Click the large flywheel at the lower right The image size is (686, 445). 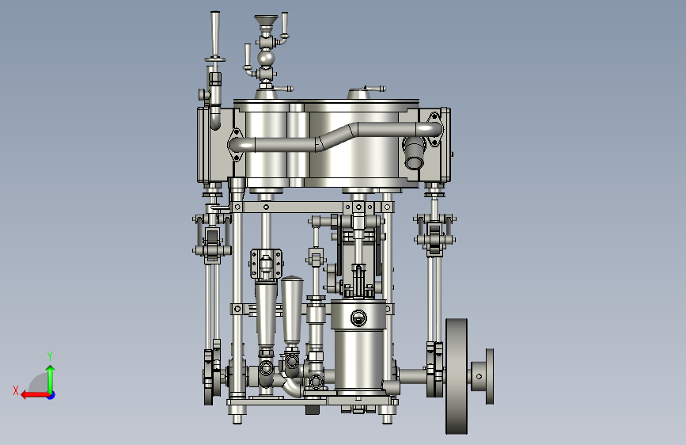click(x=457, y=376)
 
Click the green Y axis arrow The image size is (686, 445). click(x=51, y=378)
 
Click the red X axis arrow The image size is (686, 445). click(x=36, y=395)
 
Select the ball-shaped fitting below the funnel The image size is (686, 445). click(x=266, y=58)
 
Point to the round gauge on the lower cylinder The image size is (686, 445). click(x=358, y=318)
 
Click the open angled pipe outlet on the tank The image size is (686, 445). click(x=414, y=154)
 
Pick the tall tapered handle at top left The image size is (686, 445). click(x=215, y=34)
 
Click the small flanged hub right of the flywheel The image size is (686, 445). click(x=483, y=376)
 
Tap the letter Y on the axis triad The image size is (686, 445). click(x=50, y=356)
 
